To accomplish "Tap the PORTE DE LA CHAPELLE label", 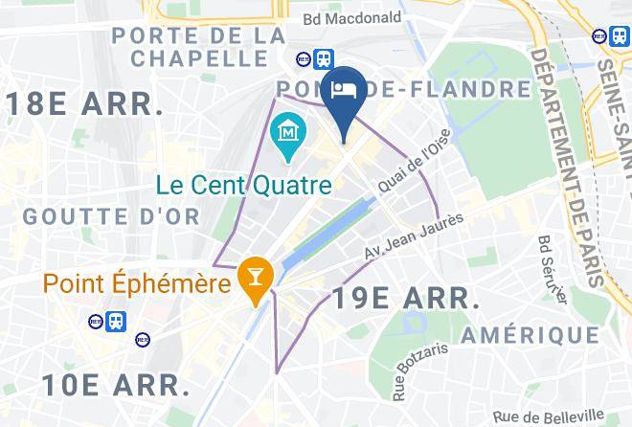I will click(197, 47).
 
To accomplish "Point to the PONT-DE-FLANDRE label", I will click(403, 89).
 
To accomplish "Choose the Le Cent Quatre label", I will click(244, 183).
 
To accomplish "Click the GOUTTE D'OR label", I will click(112, 216).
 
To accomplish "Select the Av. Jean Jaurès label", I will click(415, 236).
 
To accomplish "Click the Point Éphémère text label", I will click(136, 284).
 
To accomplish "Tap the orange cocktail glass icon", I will click(254, 278).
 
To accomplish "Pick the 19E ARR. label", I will click(405, 298).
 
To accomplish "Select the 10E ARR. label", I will click(116, 385).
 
